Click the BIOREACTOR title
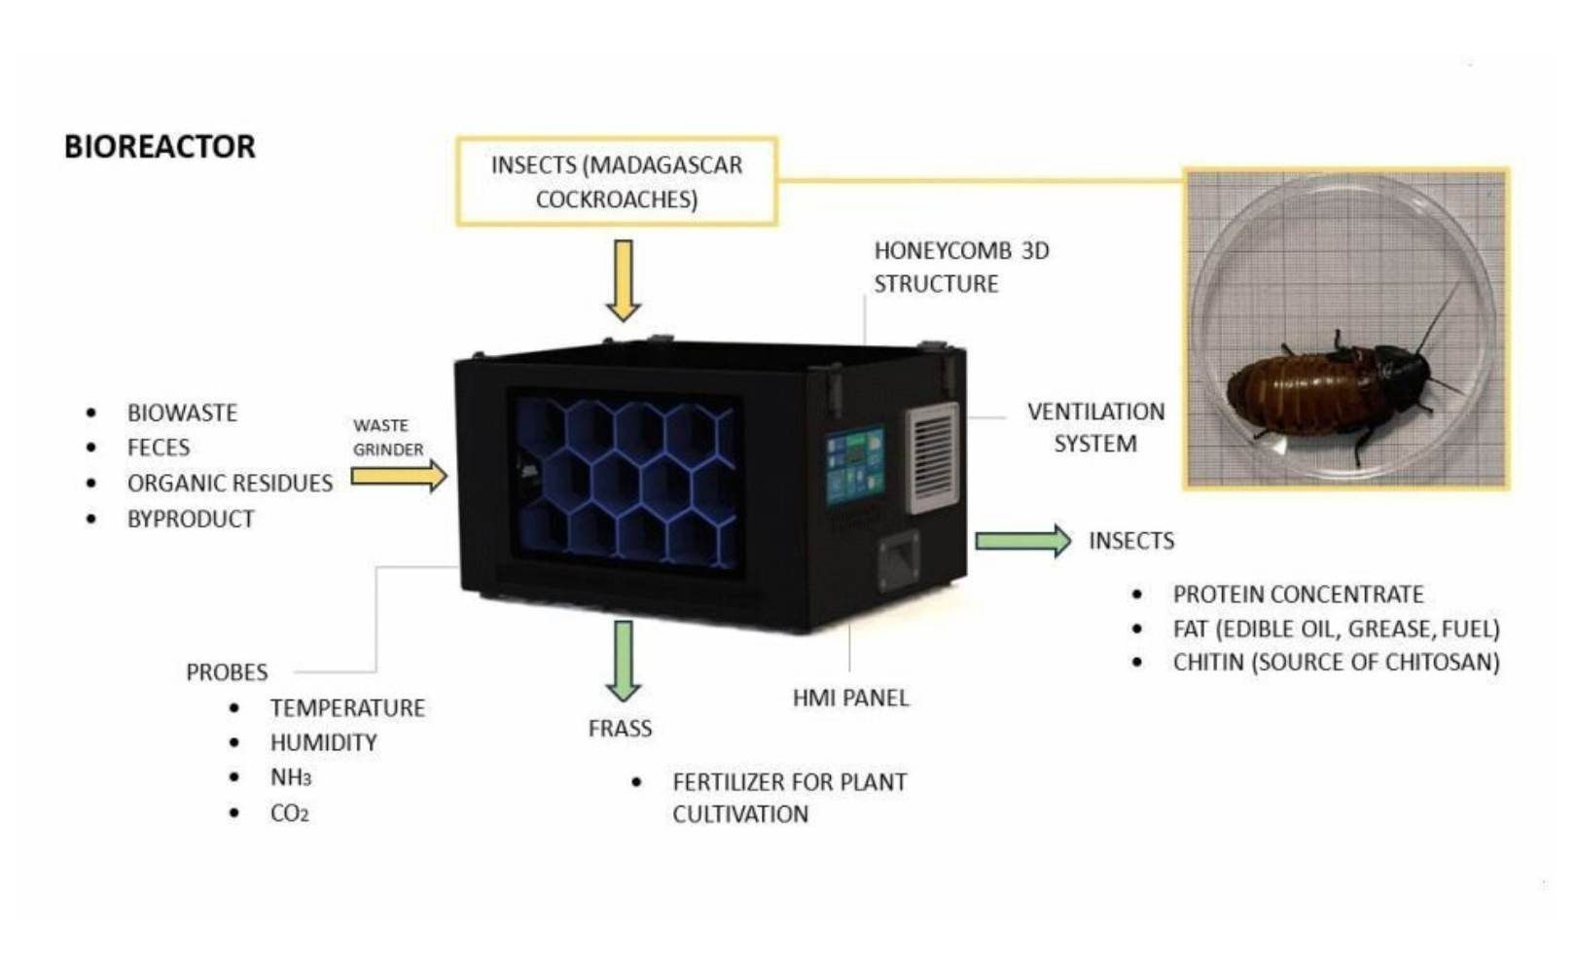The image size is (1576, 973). pos(160,147)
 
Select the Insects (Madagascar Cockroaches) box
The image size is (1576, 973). pos(617,182)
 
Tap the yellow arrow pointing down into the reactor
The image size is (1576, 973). pos(624,281)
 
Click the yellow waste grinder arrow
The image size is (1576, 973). pos(399,477)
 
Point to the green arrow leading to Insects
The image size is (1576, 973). pos(1023,541)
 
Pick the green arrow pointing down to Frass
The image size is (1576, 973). pos(624,661)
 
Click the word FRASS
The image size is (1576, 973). pos(620,728)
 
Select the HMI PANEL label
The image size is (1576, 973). pos(850,698)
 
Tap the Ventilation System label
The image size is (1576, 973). pos(1095,428)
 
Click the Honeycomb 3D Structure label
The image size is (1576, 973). pos(961,268)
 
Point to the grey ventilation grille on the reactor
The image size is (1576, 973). pos(933,457)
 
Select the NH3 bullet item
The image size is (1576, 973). pos(291,777)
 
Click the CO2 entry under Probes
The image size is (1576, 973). pos(290,813)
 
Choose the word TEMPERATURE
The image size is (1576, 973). pos(347,707)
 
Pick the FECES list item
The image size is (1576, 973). pos(159,448)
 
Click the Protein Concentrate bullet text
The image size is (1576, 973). pos(1298,595)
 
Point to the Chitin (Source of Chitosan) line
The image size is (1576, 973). pos(1336,662)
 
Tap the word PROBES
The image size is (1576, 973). pos(227,672)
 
